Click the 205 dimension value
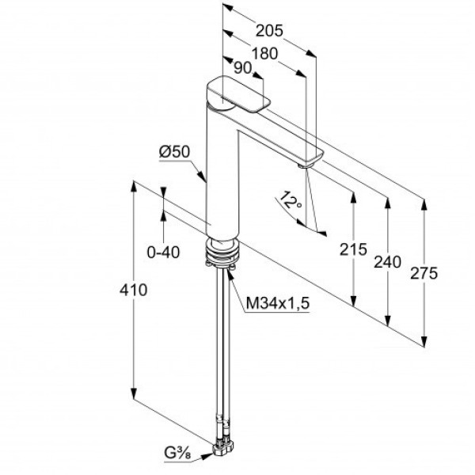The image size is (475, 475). [x=269, y=31]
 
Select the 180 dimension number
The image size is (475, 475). [x=264, y=54]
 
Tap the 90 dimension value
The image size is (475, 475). [x=243, y=68]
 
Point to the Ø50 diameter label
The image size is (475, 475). [x=174, y=151]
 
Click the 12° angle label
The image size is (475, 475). [x=290, y=200]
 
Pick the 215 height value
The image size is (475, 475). [x=353, y=249]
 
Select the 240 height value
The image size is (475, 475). [x=387, y=262]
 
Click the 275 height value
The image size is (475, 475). [x=424, y=273]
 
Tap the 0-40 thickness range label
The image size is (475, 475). [x=163, y=252]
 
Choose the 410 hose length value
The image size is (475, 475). [x=133, y=290]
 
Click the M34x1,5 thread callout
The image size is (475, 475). [x=278, y=302]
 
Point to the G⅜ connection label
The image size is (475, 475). [x=177, y=454]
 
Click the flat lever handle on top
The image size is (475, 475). [x=238, y=94]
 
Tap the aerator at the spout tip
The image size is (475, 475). [x=305, y=165]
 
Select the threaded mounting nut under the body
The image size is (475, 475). [x=222, y=251]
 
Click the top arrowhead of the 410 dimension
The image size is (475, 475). [x=133, y=186]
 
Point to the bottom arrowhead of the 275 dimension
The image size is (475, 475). [x=424, y=340]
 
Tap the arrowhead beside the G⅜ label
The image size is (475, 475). [x=207, y=456]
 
